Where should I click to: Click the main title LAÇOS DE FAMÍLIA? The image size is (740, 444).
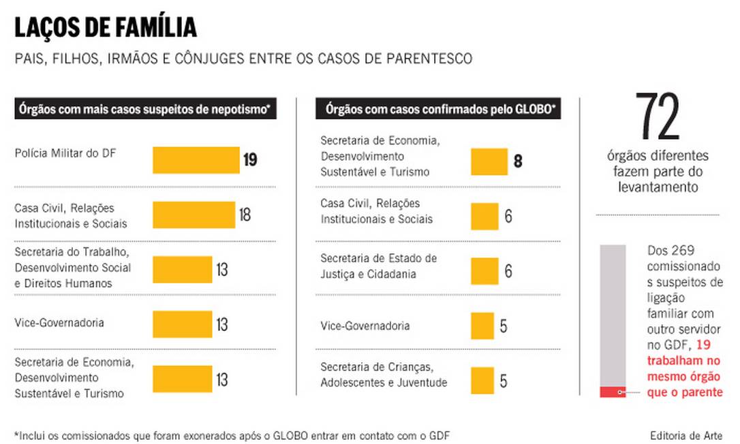tap(106, 27)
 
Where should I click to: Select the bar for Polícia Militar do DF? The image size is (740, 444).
tap(196, 160)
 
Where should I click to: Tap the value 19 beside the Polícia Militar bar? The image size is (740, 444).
tap(249, 161)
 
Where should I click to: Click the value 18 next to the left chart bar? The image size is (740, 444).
tap(245, 215)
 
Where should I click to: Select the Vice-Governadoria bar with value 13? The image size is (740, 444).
tap(183, 324)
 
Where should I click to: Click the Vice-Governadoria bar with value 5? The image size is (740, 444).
tap(482, 326)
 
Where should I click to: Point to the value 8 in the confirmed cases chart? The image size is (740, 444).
tap(517, 162)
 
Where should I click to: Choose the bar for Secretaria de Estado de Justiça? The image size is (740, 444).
tap(484, 271)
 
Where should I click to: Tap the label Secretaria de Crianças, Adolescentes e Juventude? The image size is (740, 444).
tap(384, 375)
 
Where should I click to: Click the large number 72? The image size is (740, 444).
tap(657, 117)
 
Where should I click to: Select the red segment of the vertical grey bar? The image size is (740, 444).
tap(613, 392)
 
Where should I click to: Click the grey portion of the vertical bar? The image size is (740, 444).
tap(613, 313)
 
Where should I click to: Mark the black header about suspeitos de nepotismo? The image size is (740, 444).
tap(145, 109)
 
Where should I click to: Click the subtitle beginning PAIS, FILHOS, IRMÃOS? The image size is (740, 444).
tap(243, 59)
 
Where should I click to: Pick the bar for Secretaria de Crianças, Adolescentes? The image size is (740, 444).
tap(482, 380)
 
